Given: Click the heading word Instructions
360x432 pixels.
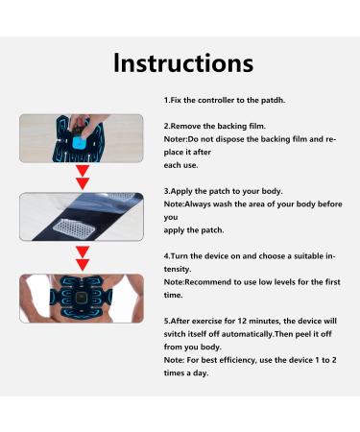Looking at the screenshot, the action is (183, 63).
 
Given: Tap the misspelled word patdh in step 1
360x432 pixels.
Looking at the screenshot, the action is (273, 100).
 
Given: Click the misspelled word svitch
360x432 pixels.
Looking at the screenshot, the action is (175, 334).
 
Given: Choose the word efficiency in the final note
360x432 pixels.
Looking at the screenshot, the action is (238, 360).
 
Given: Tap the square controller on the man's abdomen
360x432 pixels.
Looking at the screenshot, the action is (83, 299).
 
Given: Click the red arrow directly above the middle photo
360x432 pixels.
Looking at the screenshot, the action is (83, 178).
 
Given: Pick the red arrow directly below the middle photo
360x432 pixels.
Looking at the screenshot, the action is (83, 259).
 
